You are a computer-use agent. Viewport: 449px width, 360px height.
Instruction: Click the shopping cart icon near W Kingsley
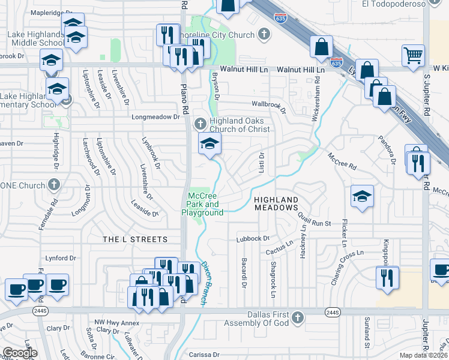(x=413, y=56)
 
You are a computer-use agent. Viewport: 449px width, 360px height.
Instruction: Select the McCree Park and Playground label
(x=206, y=204)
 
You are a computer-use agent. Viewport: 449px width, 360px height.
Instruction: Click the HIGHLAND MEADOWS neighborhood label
(x=276, y=203)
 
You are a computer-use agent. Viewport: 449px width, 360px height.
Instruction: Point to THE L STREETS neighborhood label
(x=135, y=239)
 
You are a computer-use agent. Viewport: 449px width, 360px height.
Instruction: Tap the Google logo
(x=20, y=353)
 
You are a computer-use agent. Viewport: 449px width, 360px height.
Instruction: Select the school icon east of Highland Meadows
(x=362, y=196)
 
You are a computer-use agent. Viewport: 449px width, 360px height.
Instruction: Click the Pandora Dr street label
(x=387, y=149)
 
